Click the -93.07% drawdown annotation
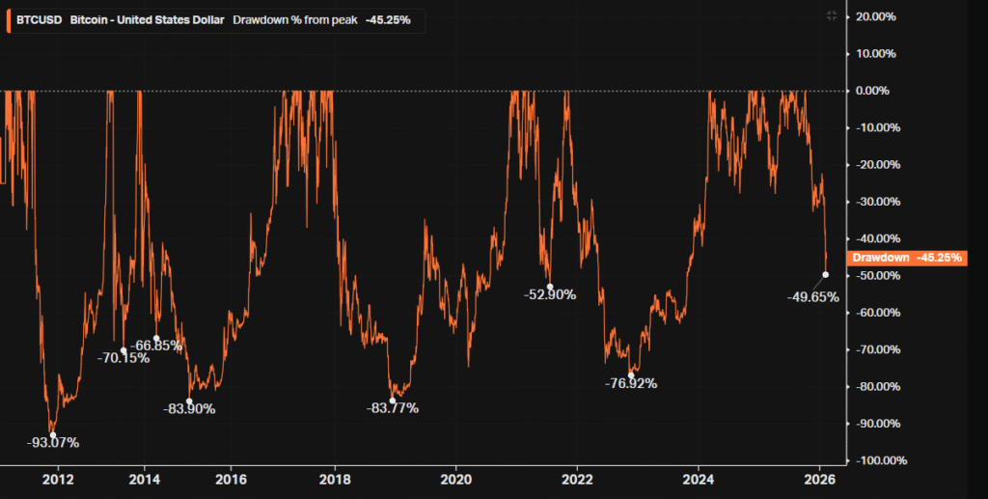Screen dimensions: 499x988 (53, 443)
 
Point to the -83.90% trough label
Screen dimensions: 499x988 (189, 408)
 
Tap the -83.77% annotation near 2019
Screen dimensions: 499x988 (393, 408)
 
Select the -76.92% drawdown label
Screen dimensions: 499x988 (631, 383)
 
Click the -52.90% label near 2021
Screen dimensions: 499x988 (550, 294)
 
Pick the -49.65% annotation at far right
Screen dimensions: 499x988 (813, 296)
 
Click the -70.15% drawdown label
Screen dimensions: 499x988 (123, 358)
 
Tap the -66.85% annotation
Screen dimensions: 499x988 (157, 346)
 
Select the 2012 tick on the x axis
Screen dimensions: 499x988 (59, 479)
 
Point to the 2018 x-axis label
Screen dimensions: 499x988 (335, 479)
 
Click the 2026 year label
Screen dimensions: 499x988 (819, 479)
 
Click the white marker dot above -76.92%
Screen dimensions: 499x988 (631, 374)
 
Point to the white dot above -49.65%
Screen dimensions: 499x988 (826, 275)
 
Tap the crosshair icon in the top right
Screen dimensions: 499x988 (832, 15)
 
